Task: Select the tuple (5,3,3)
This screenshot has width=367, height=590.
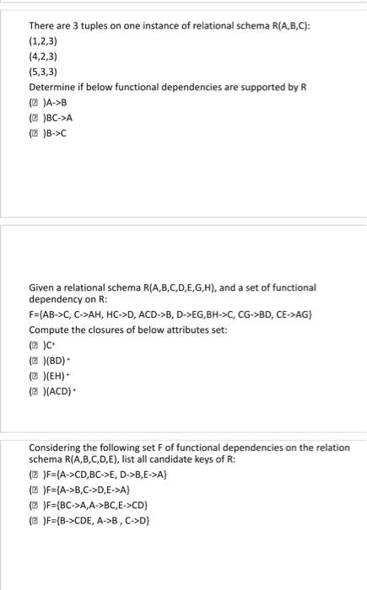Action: point(45,71)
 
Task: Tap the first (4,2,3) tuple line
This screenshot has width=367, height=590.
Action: point(45,56)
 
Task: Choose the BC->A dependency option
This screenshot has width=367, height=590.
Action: point(68,117)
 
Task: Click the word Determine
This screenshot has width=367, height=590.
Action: point(52,87)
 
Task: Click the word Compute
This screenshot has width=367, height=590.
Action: point(50,329)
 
